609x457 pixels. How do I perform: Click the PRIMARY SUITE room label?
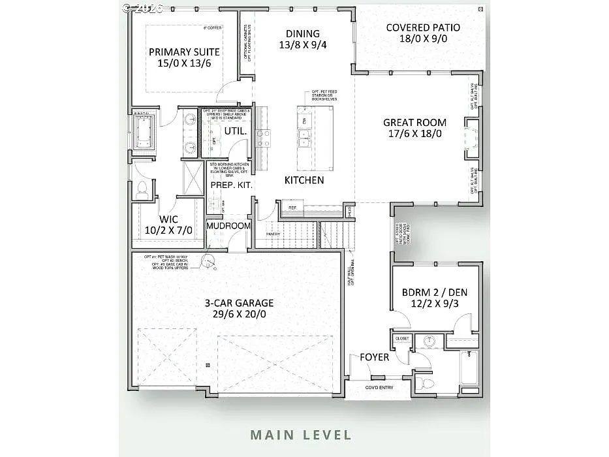pos(184,52)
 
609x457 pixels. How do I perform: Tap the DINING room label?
pos(303,34)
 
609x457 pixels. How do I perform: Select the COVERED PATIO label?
pos(422,27)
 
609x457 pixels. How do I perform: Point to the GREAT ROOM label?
pos(414,122)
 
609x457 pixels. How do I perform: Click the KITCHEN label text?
pos(304,180)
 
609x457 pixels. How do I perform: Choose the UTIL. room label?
pos(235,131)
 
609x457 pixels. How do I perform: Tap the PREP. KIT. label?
pos(231,185)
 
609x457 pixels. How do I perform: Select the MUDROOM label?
pos(228,226)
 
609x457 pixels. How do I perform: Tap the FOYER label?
pos(374,357)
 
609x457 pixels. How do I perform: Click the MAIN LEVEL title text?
pos(301,435)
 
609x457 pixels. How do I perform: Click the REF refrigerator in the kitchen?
pos(292,208)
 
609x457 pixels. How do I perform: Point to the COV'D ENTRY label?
pos(379,388)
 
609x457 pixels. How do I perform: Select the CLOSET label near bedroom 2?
pos(402,339)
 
